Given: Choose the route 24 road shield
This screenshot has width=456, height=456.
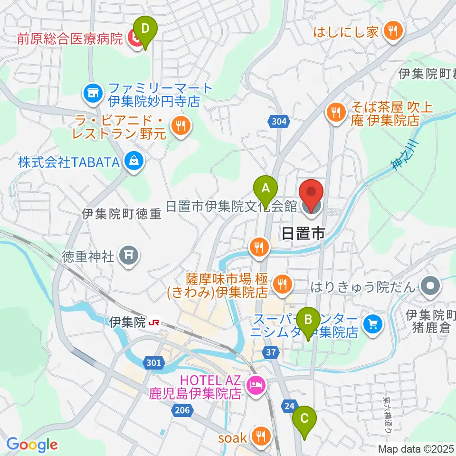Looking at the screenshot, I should (289, 405).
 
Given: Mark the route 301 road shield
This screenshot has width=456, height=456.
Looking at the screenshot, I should (153, 363).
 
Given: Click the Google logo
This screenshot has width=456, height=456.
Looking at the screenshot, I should (32, 445).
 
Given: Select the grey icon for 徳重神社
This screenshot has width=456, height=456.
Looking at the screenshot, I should (129, 257).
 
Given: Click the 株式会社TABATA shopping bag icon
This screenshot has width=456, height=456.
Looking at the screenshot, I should (134, 162).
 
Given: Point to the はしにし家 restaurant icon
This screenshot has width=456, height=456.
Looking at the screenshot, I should (392, 32).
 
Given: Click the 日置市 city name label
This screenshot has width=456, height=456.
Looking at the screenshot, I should (303, 233).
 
